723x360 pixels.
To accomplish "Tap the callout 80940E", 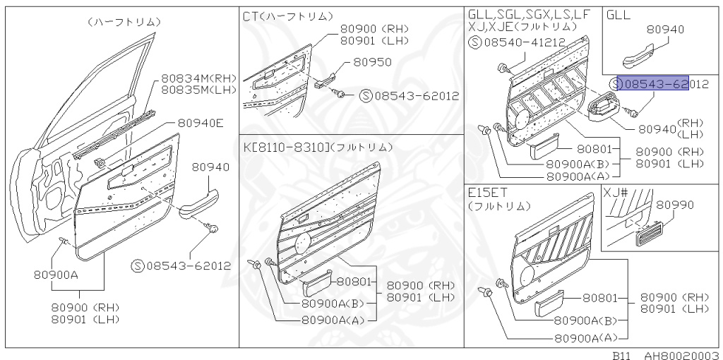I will tap(200, 123).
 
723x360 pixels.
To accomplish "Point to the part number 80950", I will tap(372, 62).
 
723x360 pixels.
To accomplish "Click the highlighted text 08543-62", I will tap(650, 84).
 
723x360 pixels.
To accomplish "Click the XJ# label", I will tap(616, 191).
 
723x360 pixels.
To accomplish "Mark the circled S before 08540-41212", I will tap(474, 42).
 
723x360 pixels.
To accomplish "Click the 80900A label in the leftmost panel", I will tap(54, 275).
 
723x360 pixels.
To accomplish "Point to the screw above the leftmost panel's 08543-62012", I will tap(213, 228).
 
